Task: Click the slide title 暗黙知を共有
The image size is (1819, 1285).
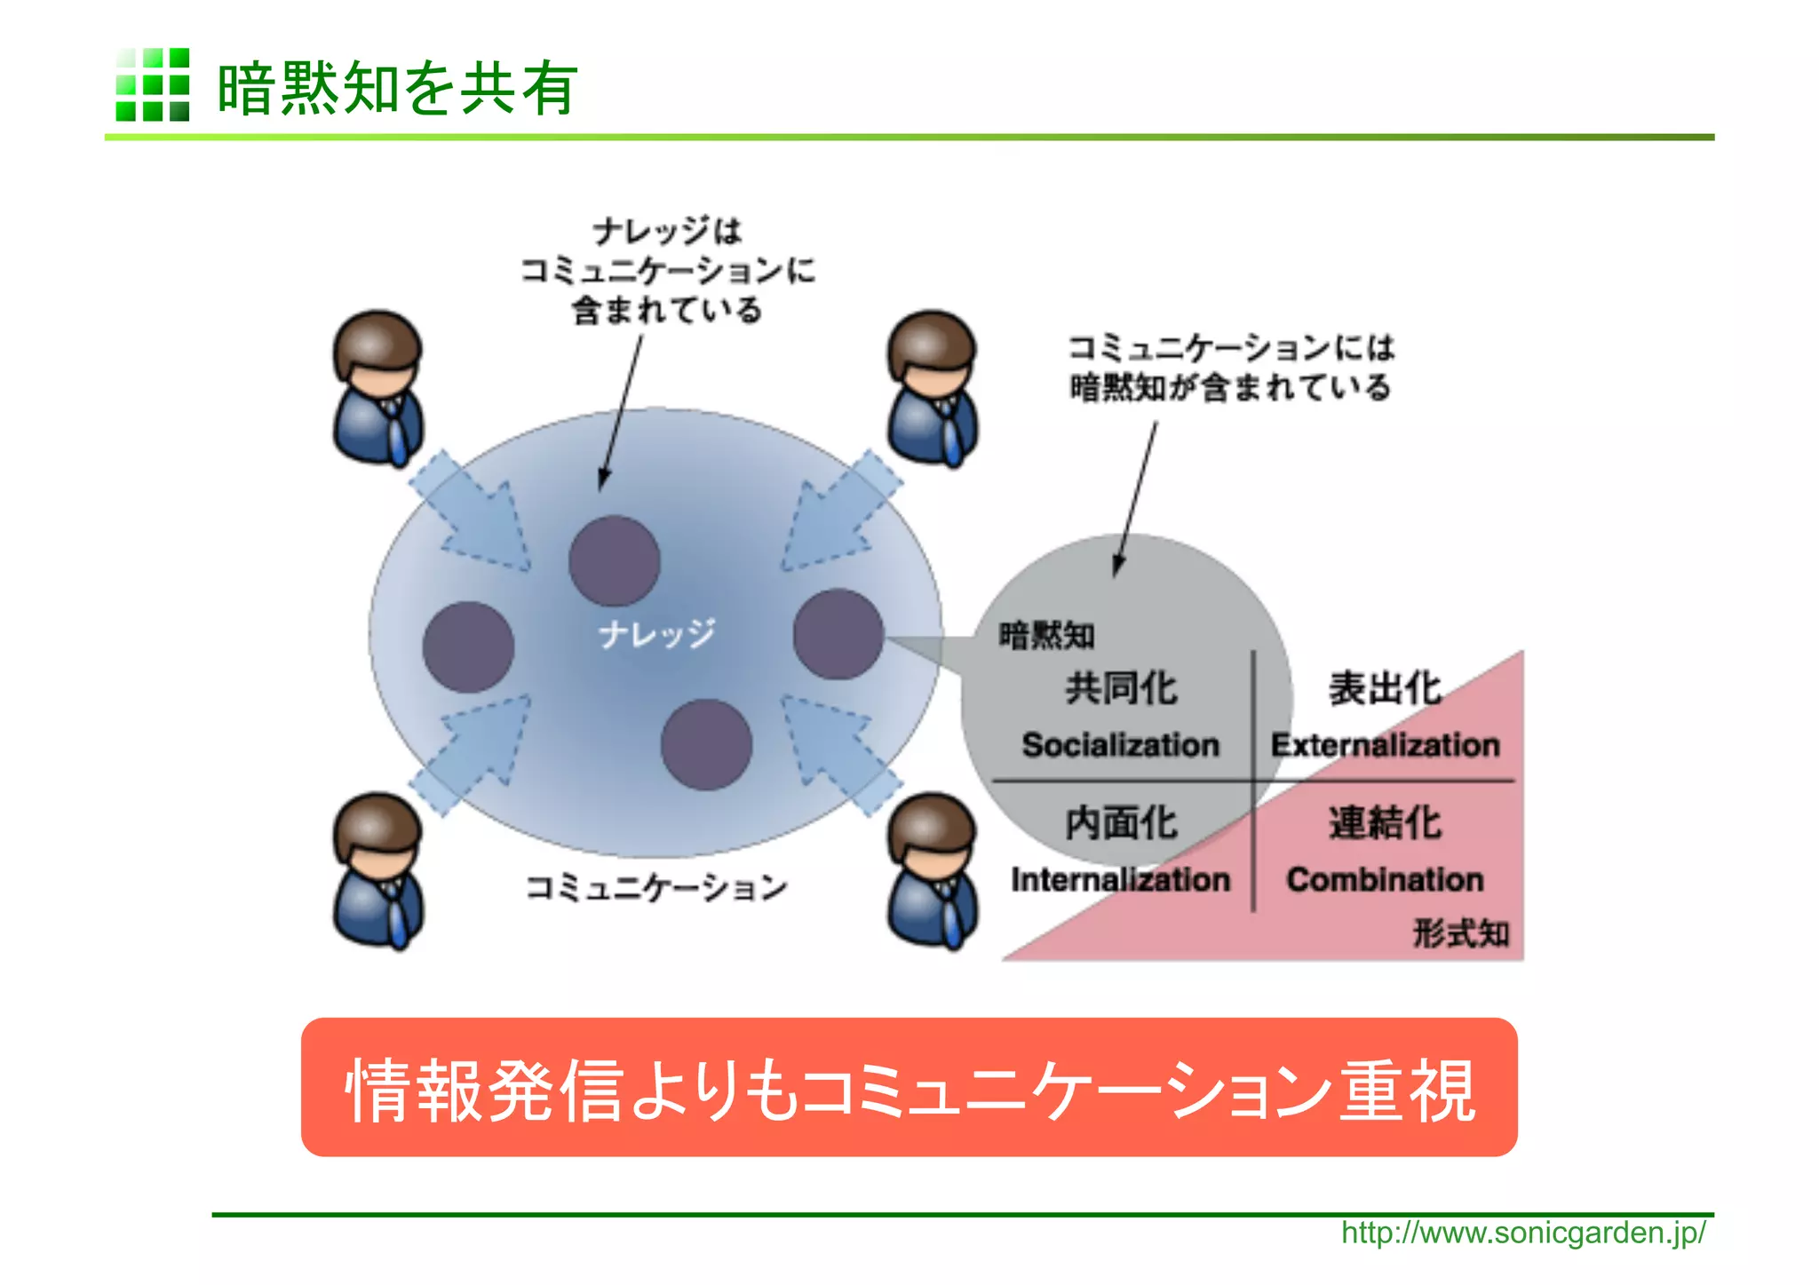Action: (x=397, y=88)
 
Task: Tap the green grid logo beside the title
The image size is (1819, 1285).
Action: (x=152, y=84)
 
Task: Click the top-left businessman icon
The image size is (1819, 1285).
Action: (x=377, y=387)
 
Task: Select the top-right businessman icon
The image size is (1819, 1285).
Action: (x=932, y=387)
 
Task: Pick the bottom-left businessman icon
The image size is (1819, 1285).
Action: (x=377, y=870)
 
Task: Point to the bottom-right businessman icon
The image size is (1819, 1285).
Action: (x=932, y=870)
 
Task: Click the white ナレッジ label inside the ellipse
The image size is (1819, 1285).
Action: (x=655, y=634)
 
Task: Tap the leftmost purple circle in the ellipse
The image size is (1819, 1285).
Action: (x=468, y=647)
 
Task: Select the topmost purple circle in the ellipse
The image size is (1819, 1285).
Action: (x=614, y=561)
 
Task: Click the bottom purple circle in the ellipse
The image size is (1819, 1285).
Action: (x=706, y=744)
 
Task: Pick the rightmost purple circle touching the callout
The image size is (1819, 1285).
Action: (x=838, y=634)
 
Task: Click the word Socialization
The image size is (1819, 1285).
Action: (x=1120, y=745)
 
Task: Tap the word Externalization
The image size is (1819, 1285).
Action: (x=1385, y=745)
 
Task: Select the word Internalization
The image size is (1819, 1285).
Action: (x=1120, y=880)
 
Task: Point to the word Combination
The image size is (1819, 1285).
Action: (x=1385, y=880)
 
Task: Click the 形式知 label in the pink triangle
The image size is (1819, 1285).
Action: (x=1460, y=933)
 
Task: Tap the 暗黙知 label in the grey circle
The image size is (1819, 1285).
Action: (x=1046, y=636)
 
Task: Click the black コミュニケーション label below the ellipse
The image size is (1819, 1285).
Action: (x=655, y=887)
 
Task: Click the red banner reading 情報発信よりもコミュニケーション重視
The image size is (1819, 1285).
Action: (x=909, y=1088)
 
